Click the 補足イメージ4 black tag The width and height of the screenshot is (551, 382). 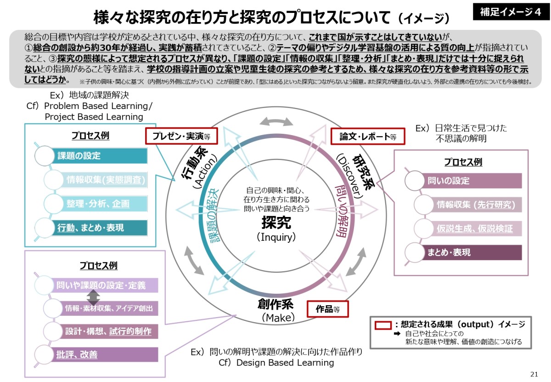click(510, 12)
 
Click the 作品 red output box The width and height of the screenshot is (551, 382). click(327, 309)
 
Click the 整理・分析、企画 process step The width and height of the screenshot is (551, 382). click(99, 204)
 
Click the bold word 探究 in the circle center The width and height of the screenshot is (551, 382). click(276, 223)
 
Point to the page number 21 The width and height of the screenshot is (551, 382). click(534, 373)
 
